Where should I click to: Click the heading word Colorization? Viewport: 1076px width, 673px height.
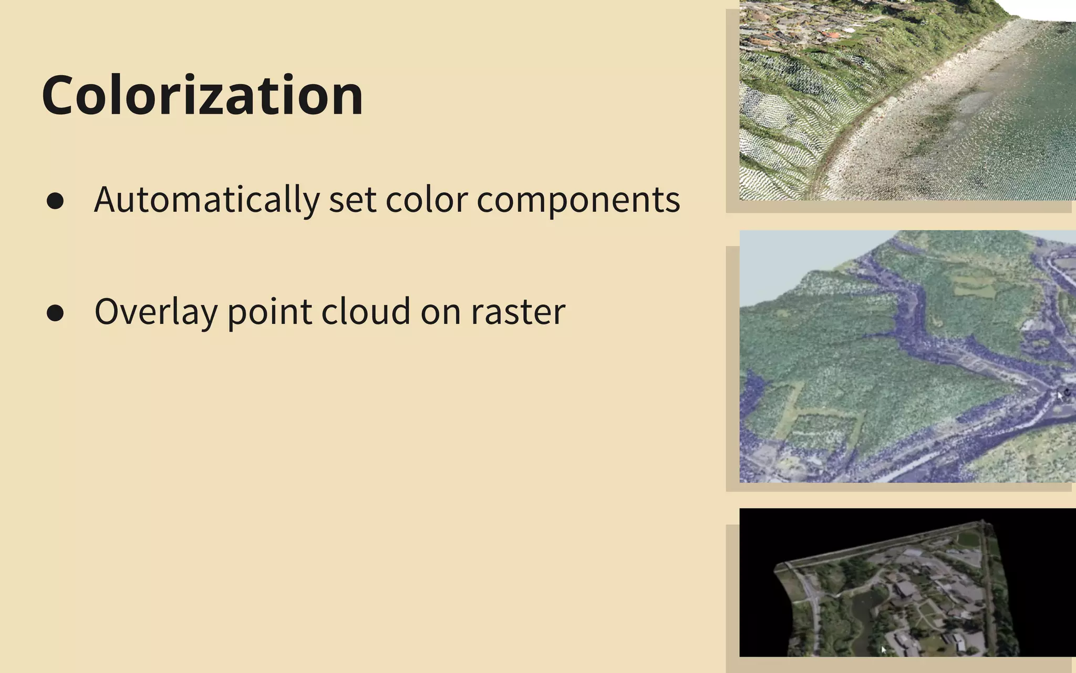(202, 96)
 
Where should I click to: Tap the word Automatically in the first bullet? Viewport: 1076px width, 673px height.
(206, 200)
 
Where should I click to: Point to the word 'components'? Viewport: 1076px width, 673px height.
(578, 201)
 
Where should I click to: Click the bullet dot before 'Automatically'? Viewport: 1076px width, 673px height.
(55, 201)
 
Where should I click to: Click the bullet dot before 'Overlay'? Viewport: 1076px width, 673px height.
(55, 313)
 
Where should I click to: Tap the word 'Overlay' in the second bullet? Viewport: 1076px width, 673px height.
(156, 311)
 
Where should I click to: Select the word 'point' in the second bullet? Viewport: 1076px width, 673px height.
(269, 312)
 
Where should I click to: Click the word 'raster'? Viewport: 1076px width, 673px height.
(518, 312)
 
